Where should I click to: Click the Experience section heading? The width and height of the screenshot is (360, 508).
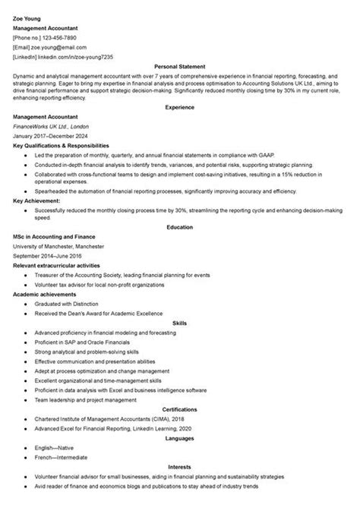(x=180, y=107)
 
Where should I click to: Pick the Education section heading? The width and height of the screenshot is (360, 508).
(x=180, y=226)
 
